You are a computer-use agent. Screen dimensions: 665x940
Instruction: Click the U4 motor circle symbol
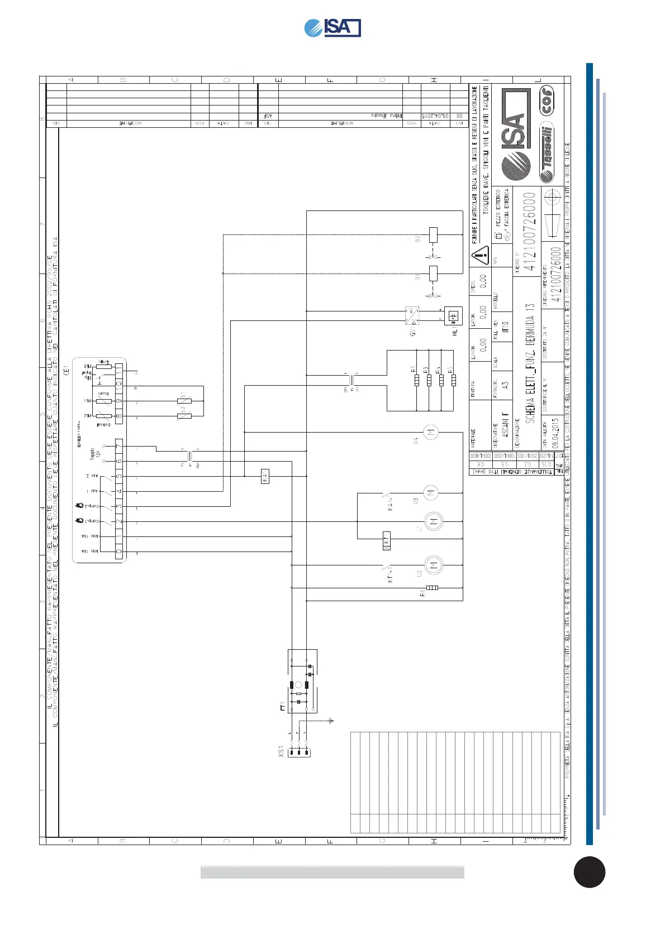click(430, 432)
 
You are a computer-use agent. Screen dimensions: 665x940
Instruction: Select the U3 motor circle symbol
click(430, 492)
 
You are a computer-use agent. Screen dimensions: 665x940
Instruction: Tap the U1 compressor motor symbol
click(433, 521)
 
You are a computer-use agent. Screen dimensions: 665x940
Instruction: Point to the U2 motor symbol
click(433, 565)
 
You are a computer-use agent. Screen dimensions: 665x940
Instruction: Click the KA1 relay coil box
click(265, 476)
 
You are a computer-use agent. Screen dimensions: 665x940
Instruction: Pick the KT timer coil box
click(386, 539)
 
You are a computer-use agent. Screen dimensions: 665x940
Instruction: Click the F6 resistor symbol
click(432, 587)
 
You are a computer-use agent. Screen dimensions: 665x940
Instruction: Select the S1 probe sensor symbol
click(184, 401)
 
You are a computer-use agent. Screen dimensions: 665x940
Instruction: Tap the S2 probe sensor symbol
click(184, 416)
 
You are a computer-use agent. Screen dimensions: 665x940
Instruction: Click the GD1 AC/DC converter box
click(412, 315)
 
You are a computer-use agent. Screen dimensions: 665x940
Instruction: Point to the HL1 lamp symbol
click(454, 315)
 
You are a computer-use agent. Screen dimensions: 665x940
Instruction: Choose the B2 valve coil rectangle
click(433, 234)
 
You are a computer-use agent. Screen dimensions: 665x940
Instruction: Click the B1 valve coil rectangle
click(433, 274)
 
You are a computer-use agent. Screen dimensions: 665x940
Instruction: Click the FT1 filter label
click(283, 707)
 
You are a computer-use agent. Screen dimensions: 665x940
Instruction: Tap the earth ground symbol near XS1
click(331, 721)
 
